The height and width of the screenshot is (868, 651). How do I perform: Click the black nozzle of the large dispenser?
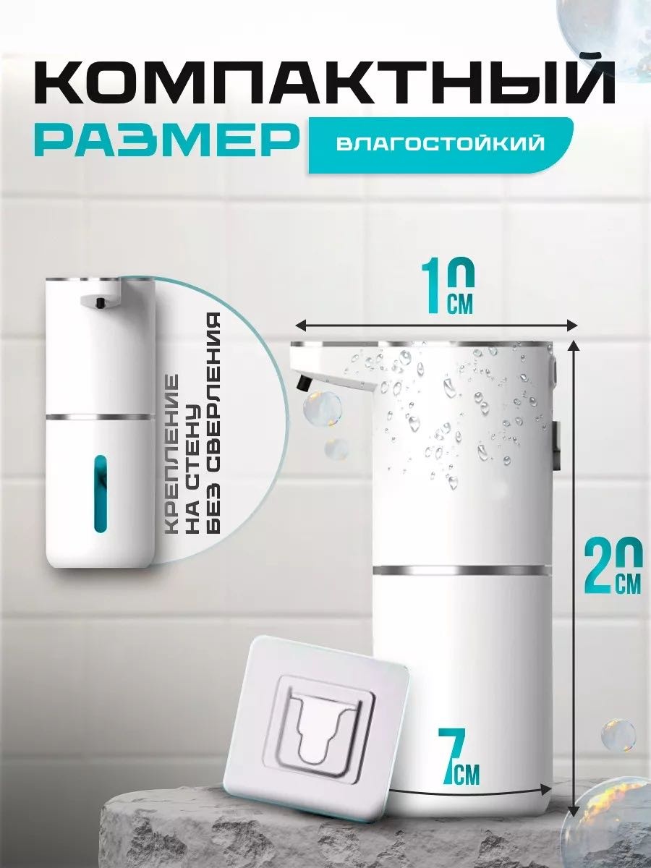[304, 383]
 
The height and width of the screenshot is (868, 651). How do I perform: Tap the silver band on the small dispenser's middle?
[99, 417]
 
